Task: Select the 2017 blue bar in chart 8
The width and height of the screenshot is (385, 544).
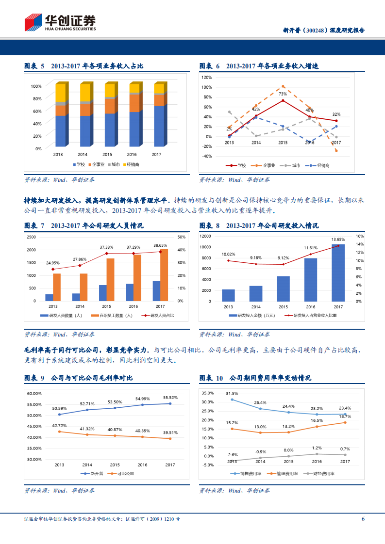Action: pos(338,272)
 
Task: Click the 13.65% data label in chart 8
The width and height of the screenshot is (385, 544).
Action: pos(338,239)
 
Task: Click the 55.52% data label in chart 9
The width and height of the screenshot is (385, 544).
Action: pos(170,397)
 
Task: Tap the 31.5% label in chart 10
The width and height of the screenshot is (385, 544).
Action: pos(232,393)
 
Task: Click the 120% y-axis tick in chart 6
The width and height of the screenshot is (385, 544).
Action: pos(206,77)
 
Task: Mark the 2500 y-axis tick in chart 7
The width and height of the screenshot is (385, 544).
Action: pos(31,237)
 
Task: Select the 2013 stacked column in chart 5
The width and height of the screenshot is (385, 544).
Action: pos(61,115)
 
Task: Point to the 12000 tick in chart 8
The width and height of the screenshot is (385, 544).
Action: pos(205,236)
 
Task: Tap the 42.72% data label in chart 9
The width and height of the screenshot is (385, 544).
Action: pos(59,425)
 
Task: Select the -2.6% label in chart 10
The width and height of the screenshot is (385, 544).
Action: pos(232,455)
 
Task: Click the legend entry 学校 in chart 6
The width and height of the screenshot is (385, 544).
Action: pos(239,165)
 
